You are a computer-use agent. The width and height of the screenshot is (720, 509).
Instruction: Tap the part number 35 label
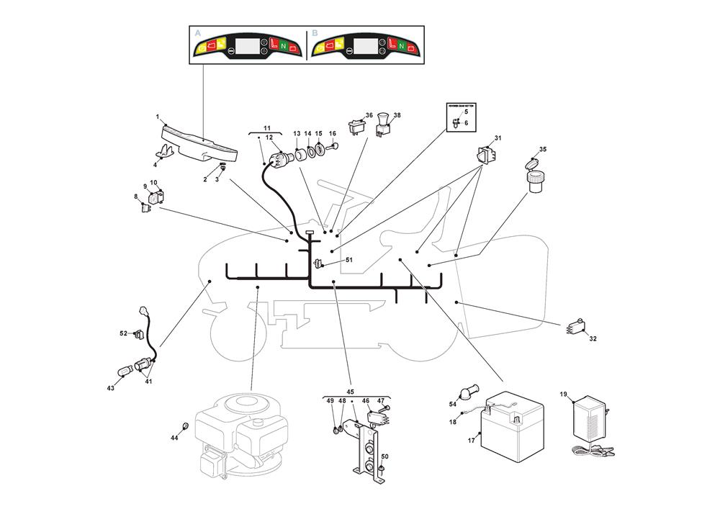click(543, 150)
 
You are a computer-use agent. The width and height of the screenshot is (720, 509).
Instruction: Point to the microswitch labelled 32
click(575, 328)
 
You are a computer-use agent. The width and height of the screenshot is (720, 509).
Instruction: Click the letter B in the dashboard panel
click(315, 33)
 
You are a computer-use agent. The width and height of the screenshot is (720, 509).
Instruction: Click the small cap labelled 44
click(185, 426)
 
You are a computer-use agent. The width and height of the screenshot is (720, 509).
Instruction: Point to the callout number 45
click(351, 392)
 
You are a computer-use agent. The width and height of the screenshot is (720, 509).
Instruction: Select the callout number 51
click(349, 260)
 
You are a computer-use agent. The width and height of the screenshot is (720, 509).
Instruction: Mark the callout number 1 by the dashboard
click(157, 117)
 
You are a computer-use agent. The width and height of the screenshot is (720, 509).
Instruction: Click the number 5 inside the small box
click(466, 112)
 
